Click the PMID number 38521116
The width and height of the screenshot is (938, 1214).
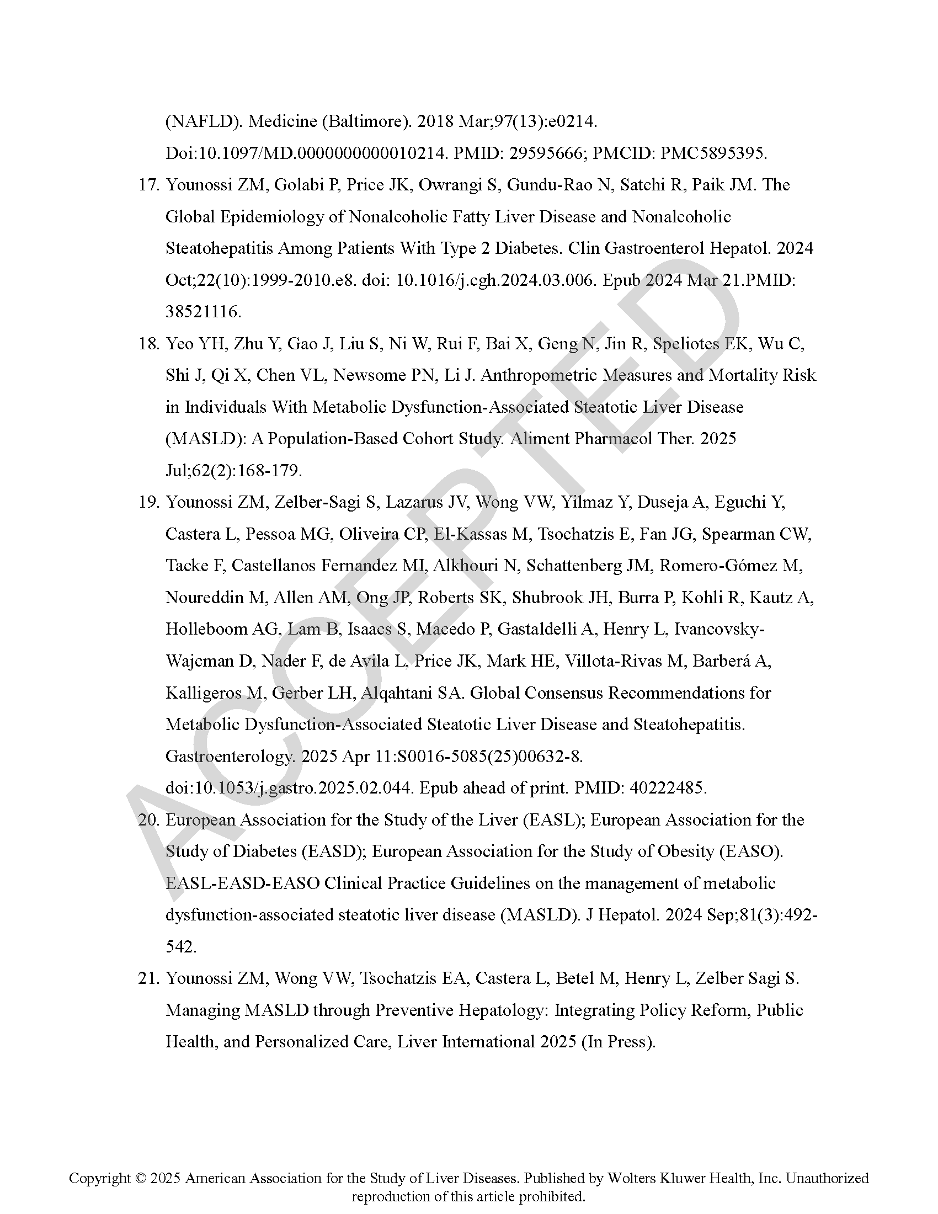point(203,312)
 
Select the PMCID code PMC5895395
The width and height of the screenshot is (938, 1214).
point(713,153)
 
